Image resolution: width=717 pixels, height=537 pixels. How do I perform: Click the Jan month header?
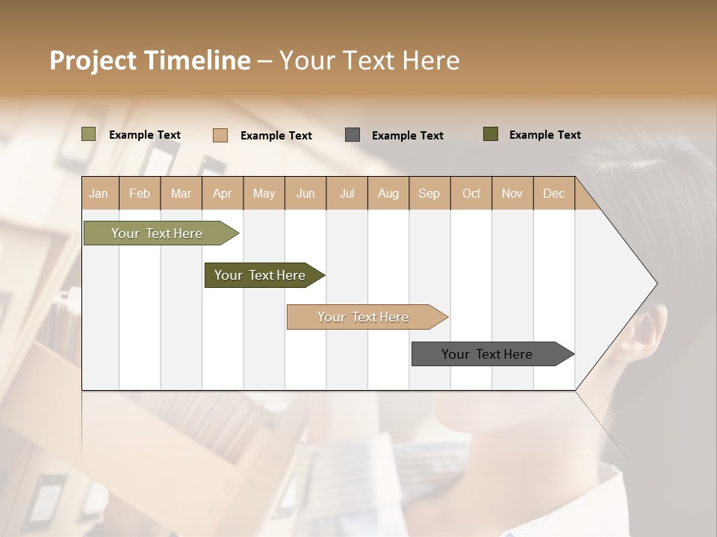point(99,193)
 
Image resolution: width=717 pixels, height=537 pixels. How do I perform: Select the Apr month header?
point(223,193)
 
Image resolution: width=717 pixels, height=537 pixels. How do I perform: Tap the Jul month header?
point(347,193)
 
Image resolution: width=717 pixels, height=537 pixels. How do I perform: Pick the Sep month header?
point(429,193)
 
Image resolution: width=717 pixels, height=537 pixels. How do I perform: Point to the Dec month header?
point(553,193)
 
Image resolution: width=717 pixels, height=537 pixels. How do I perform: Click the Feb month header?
point(140,193)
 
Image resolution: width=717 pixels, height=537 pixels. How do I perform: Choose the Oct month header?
point(471,193)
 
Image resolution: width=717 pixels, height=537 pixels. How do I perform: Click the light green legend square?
point(88,134)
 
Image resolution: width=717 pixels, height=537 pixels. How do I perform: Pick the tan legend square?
point(220,135)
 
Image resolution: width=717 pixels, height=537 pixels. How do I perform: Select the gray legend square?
point(353,135)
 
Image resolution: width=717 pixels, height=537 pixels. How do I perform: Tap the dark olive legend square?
point(491,134)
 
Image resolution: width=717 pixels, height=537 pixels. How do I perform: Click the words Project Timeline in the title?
point(149,60)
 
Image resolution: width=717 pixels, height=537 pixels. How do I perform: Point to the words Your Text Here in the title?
point(369,60)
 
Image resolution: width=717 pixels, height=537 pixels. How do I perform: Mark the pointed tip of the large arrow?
point(656,283)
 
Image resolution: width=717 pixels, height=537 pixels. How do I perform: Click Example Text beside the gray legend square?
point(407,136)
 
